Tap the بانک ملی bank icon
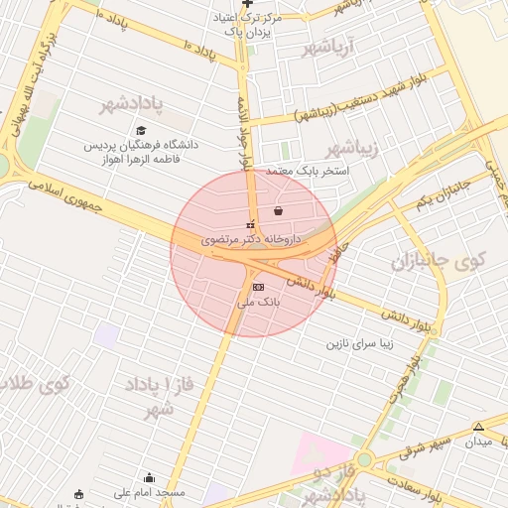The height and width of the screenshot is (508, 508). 258,287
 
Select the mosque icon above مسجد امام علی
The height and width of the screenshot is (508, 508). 150,477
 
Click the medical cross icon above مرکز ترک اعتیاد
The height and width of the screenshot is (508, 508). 247,4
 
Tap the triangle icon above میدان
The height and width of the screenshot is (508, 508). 478,426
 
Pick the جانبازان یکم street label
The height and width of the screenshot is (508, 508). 442,195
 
